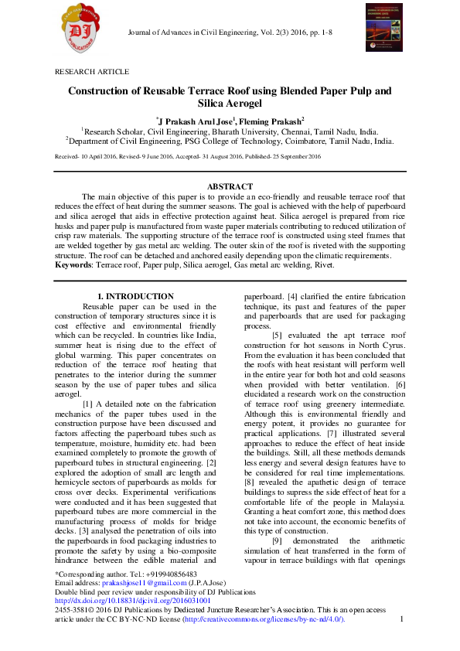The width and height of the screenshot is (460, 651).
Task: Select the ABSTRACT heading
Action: click(230, 187)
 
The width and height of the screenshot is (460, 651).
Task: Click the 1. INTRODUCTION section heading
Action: click(135, 297)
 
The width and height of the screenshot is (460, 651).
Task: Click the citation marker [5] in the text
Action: click(278, 334)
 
